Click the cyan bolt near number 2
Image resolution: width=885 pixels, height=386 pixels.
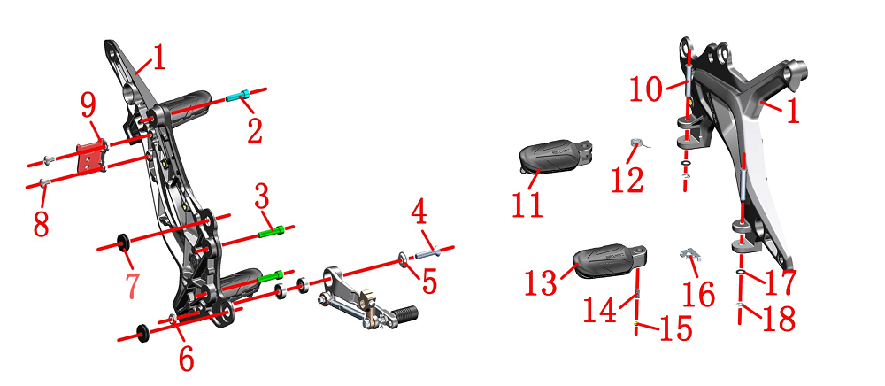click(237, 96)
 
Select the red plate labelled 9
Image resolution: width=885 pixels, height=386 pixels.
click(92, 157)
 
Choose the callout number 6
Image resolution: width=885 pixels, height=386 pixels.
click(186, 357)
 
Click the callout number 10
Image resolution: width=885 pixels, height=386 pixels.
click(646, 89)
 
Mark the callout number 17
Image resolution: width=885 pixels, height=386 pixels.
click(780, 282)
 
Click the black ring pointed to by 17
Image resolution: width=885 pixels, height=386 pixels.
click(741, 272)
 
